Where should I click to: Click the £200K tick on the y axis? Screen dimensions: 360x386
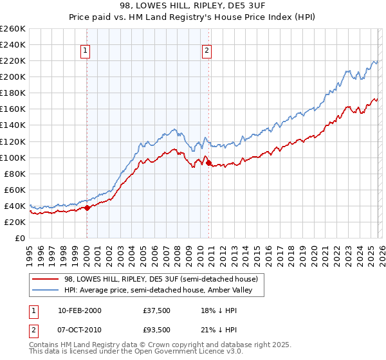click(x=12, y=76)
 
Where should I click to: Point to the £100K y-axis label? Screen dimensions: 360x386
click(x=12, y=157)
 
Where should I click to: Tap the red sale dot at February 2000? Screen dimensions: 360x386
click(x=87, y=208)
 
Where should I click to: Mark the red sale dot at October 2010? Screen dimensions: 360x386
click(x=208, y=163)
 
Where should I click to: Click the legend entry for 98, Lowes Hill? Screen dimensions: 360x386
click(x=161, y=279)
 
